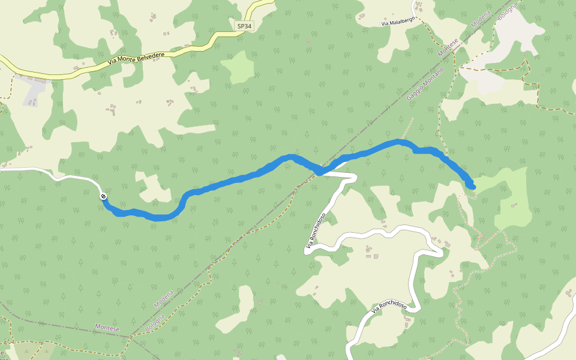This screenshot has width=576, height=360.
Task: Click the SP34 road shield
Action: click(243, 26)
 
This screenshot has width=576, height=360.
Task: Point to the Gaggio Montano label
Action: click(425, 84)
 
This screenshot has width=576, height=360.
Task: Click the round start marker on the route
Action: click(104, 196)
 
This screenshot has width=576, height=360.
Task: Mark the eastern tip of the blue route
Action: click(473, 187)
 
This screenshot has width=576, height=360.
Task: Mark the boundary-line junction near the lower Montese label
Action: click(131, 336)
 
